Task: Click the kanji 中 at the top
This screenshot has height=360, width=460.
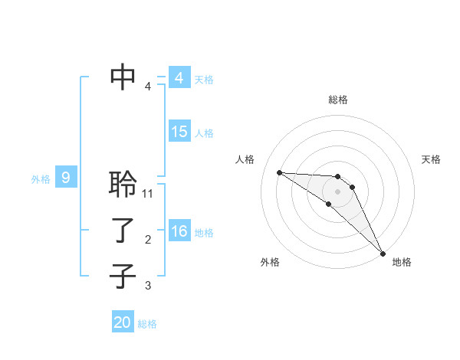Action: click(x=123, y=76)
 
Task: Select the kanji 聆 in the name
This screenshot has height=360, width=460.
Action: click(x=123, y=184)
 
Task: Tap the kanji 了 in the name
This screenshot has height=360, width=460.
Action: click(x=123, y=230)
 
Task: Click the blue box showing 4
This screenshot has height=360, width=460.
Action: click(x=179, y=78)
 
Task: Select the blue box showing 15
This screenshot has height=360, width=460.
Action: click(x=179, y=132)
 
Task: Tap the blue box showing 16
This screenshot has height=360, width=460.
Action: click(x=179, y=231)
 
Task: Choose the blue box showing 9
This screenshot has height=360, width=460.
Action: click(x=66, y=178)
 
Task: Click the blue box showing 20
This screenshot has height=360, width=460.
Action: click(x=123, y=322)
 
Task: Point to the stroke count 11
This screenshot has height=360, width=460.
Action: click(x=149, y=194)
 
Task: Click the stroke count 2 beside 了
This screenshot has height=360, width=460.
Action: click(x=148, y=240)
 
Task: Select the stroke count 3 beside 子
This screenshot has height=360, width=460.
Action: click(x=148, y=286)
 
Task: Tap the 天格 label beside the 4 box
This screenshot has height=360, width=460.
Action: click(x=204, y=79)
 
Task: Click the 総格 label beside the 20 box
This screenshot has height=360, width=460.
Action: click(x=148, y=324)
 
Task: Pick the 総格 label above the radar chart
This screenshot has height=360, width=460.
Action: click(x=337, y=100)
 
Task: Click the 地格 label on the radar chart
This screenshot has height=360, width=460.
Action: click(x=402, y=262)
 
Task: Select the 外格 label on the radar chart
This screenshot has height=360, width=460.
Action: click(x=270, y=262)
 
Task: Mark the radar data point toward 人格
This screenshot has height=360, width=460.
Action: click(x=279, y=172)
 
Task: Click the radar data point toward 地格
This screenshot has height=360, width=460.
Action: click(x=383, y=253)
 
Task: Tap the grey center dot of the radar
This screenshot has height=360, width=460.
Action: click(x=337, y=191)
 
